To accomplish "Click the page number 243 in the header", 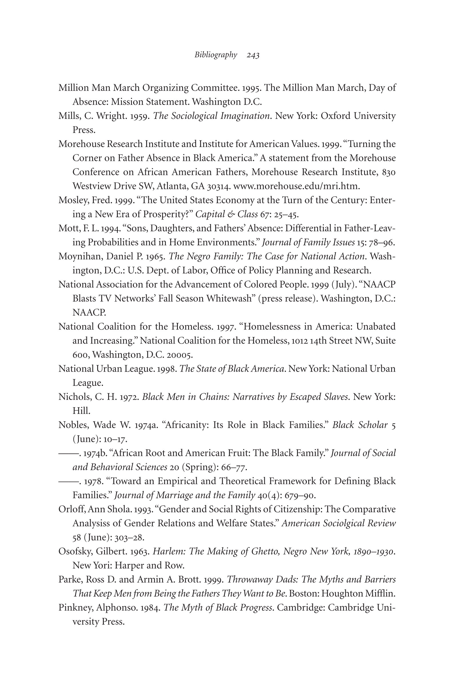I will [253, 55].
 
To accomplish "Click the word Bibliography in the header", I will [216, 55].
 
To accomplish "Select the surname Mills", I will [69, 116].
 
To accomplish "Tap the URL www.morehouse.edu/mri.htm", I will [296, 186].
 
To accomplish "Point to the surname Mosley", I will [73, 200].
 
